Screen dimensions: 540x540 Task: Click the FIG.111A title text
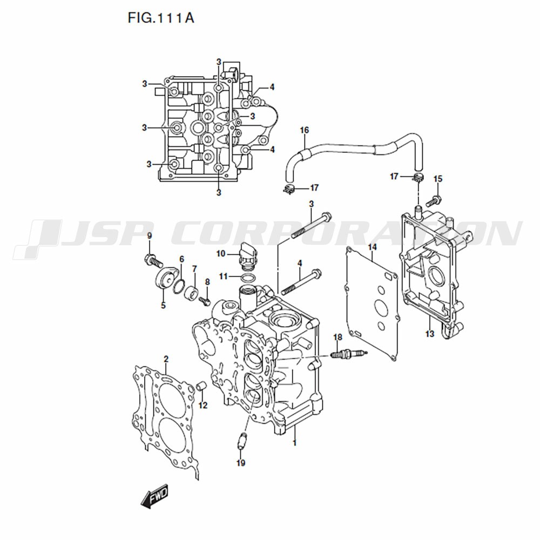pyautogui.click(x=161, y=18)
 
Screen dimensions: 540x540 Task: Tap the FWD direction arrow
pyautogui.click(x=154, y=495)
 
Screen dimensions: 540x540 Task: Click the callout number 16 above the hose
pyautogui.click(x=304, y=130)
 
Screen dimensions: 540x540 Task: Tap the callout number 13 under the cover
pyautogui.click(x=429, y=334)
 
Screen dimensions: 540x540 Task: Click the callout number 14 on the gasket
pyautogui.click(x=372, y=247)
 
